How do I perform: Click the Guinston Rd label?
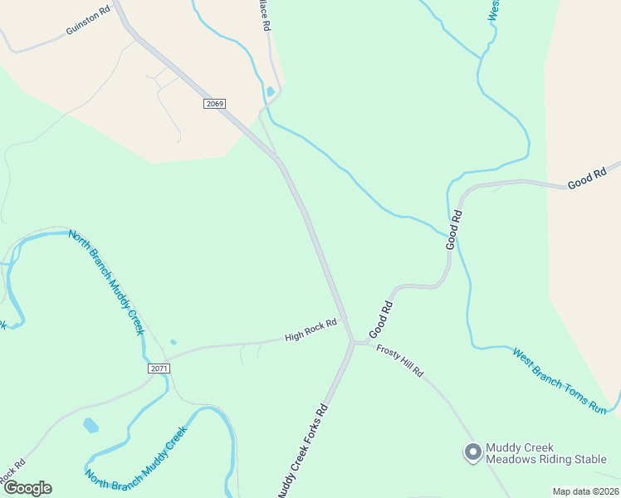coord(88,25)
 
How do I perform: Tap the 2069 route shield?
coord(214,103)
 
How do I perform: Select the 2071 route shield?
coord(159,368)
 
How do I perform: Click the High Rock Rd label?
coord(310,330)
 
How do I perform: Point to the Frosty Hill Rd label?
coord(400,360)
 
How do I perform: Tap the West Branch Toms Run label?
coord(560,381)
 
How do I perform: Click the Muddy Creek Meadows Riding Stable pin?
coord(472,452)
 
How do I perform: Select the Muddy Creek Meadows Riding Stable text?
coord(546,452)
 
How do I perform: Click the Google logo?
coord(27,488)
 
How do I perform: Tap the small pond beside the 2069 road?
coord(270,91)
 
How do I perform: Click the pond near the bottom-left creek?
coord(90,426)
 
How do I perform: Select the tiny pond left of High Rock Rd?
coord(173,342)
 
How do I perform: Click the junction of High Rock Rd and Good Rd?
coord(354,340)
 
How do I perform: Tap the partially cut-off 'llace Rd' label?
coord(265,15)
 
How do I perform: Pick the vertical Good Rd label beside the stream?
coord(453,230)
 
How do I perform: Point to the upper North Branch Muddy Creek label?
coord(106,282)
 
